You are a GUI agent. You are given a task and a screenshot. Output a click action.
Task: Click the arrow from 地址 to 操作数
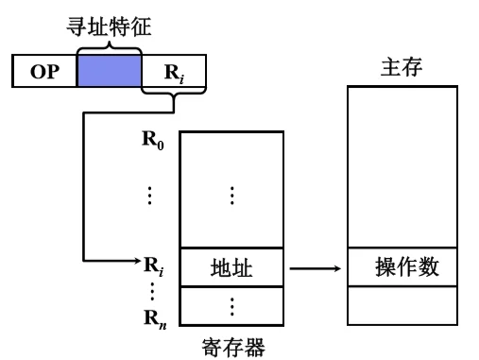tap(315, 270)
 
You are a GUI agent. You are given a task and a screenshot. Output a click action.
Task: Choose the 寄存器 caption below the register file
tap(231, 346)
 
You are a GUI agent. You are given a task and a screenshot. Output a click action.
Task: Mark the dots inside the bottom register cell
tap(231, 306)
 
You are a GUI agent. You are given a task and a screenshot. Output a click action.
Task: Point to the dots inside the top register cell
tap(231, 195)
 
